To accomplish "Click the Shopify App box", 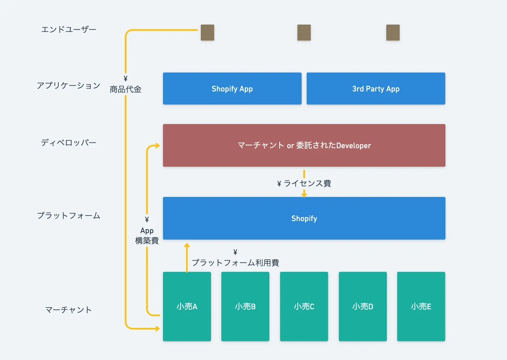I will [x=232, y=89].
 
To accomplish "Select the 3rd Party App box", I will [x=376, y=89].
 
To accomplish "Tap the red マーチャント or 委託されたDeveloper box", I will [x=304, y=145].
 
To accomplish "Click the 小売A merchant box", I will [x=187, y=306].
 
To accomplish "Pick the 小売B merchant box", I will [x=245, y=306].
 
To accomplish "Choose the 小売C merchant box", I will [x=304, y=306].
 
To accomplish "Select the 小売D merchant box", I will [x=363, y=306].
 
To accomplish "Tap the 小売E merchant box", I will [x=421, y=306].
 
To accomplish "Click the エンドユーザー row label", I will [x=69, y=29].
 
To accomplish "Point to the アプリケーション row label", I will [x=68, y=85].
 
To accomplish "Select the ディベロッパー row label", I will [x=69, y=143].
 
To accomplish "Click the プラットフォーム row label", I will [x=69, y=215].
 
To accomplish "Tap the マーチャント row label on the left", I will [x=68, y=310].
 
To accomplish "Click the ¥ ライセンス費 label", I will [x=304, y=184].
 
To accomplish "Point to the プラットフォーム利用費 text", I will [x=235, y=263].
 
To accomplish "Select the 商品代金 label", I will [x=126, y=89].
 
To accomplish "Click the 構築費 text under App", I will [x=147, y=241].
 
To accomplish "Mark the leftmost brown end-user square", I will [x=207, y=33].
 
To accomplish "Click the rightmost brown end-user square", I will [x=393, y=33].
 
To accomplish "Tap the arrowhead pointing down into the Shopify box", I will [x=304, y=195].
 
